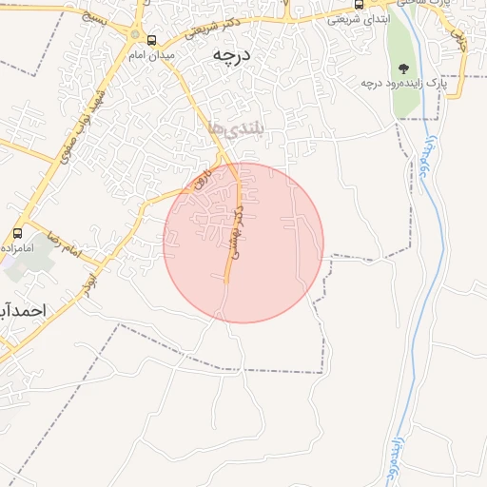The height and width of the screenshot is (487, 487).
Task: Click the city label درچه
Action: pos(231,56)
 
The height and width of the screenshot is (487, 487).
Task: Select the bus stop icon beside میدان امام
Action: pos(151,41)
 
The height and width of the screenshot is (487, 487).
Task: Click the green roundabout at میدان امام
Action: pos(134,37)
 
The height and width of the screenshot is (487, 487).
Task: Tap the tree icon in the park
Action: pos(404,68)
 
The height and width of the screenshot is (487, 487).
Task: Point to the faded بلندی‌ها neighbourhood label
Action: pos(233,128)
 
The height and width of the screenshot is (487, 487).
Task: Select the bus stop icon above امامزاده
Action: pos(17,232)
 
